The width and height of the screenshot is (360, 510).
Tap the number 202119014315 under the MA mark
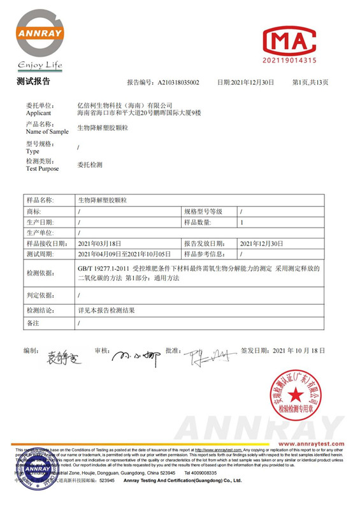(x=289, y=61)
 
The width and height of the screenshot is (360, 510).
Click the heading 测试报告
(x=33, y=82)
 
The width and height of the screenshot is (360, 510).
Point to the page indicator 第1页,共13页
(x=310, y=83)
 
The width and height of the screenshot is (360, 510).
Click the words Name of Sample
(x=47, y=132)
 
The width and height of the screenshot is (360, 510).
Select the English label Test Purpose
(x=42, y=169)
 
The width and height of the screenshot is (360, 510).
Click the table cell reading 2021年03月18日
(x=99, y=244)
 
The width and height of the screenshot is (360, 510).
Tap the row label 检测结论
(x=40, y=310)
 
